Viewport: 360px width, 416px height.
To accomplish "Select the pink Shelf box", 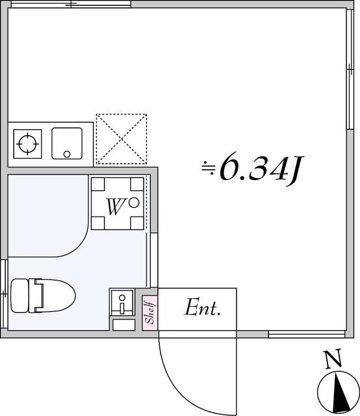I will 150,313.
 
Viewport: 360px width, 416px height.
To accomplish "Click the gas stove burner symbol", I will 27,143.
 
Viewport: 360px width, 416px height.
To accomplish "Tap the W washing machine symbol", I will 117,203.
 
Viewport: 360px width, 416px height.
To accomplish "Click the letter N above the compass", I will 333,357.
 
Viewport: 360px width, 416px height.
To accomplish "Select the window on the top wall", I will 70,5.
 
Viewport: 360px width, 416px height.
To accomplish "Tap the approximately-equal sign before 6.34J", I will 208,168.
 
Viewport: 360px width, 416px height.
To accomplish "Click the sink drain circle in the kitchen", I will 67,154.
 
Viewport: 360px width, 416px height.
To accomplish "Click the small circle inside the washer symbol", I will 134,202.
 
